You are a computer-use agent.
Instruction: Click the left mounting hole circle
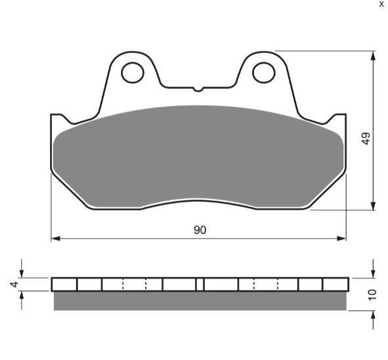[121, 73]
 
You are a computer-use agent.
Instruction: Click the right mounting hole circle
[253, 73]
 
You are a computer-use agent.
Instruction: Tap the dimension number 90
[200, 230]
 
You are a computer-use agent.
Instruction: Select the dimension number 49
[366, 138]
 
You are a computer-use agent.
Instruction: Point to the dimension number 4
[14, 284]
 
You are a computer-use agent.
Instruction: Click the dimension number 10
[372, 294]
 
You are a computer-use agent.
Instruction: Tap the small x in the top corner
[381, 4]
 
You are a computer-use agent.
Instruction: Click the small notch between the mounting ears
[198, 89]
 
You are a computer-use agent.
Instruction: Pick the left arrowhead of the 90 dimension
[55, 239]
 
